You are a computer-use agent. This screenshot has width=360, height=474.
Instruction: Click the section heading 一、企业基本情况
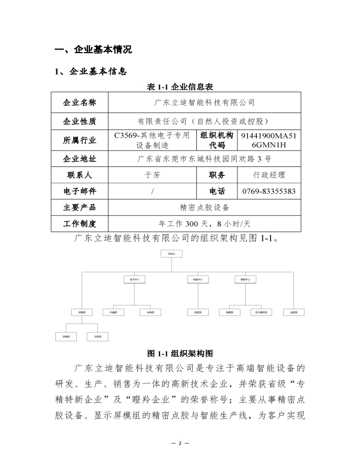tap(93, 50)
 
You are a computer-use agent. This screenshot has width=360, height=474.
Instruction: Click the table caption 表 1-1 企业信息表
tap(179, 86)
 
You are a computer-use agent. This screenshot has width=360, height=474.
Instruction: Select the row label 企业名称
tap(79, 102)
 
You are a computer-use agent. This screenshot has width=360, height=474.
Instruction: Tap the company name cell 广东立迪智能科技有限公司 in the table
tap(204, 102)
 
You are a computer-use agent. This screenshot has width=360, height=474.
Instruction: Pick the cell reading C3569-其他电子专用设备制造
tap(152, 140)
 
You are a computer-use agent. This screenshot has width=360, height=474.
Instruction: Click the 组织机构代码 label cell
tap(217, 140)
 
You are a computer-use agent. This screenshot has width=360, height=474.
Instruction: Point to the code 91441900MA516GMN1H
tap(268, 140)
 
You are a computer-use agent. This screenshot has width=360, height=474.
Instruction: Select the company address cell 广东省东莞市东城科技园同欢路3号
tap(204, 159)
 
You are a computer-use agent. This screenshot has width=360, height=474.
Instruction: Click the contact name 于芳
tap(152, 175)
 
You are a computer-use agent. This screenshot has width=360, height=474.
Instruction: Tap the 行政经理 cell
tap(268, 175)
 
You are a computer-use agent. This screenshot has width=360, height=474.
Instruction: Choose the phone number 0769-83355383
tap(268, 191)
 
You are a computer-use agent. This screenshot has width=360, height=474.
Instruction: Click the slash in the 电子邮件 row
tap(152, 191)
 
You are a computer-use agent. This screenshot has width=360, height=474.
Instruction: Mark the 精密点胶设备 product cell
tap(204, 208)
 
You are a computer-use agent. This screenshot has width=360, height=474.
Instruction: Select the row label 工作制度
tap(79, 224)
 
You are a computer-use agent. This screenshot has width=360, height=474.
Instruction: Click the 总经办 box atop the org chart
tap(171, 254)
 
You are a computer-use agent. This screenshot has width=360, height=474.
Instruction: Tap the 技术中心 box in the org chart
tap(134, 279)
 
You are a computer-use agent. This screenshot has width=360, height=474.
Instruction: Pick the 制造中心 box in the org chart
tap(198, 279)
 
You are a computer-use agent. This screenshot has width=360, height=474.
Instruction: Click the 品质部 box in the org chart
tap(294, 312)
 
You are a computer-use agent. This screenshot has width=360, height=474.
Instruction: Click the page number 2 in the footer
tap(179, 443)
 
